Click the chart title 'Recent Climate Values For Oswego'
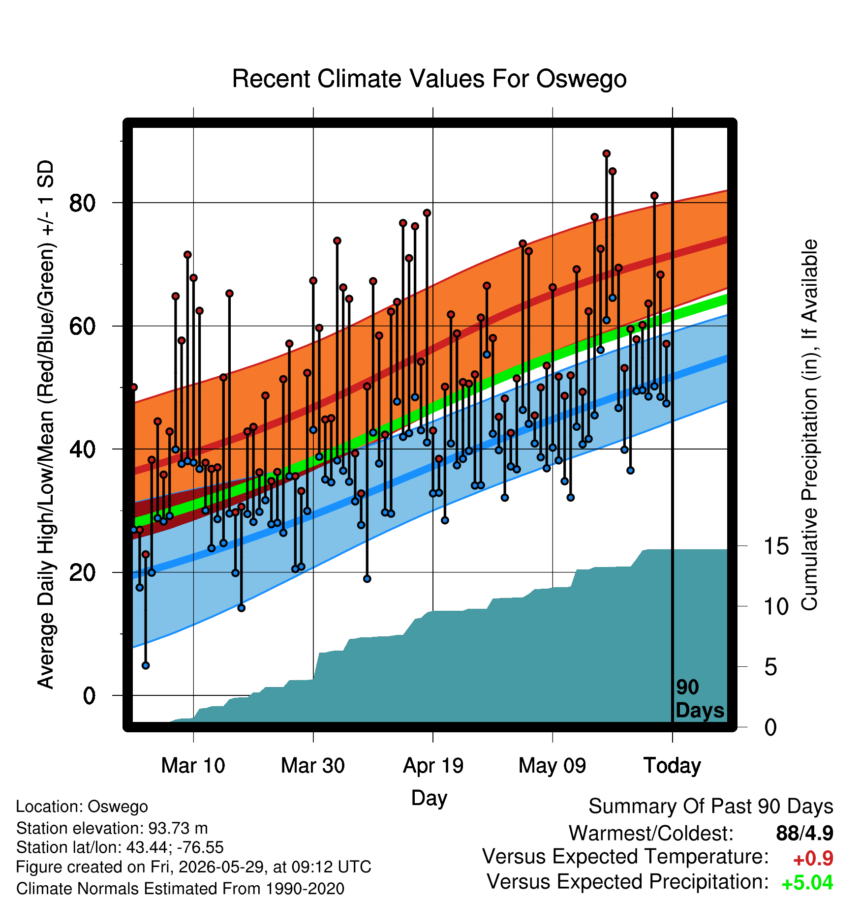tap(429, 79)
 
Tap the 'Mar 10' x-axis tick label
tap(193, 766)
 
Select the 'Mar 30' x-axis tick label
tap(313, 766)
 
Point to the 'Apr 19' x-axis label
tap(433, 766)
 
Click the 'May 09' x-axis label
tap(553, 766)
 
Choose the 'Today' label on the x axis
tap(672, 766)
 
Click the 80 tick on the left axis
tap(82, 203)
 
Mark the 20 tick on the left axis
tap(82, 572)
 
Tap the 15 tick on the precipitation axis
tap(776, 546)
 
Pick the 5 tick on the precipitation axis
tap(770, 667)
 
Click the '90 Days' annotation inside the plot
tap(700, 699)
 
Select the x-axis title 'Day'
tap(429, 798)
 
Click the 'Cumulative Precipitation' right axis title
tap(809, 425)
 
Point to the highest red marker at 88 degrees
tap(606, 153)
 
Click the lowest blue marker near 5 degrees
tap(146, 665)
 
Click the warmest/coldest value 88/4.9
tap(805, 833)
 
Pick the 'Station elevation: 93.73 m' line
tap(112, 829)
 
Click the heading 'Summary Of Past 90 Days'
tap(711, 807)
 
